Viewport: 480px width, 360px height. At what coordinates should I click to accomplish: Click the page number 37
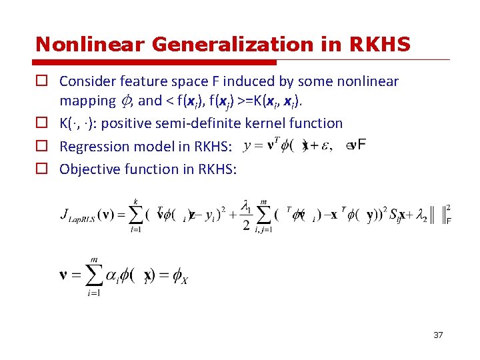(438, 335)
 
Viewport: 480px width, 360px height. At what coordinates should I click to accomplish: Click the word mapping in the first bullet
(87, 101)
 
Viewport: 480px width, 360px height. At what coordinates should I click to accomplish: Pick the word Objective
(88, 169)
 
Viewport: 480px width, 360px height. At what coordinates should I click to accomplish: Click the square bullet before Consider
(41, 81)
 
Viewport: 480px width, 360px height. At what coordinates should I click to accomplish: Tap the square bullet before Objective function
(41, 169)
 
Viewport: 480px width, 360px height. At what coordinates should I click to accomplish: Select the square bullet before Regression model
(41, 146)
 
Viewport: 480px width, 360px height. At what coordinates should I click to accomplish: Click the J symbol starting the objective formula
(65, 214)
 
